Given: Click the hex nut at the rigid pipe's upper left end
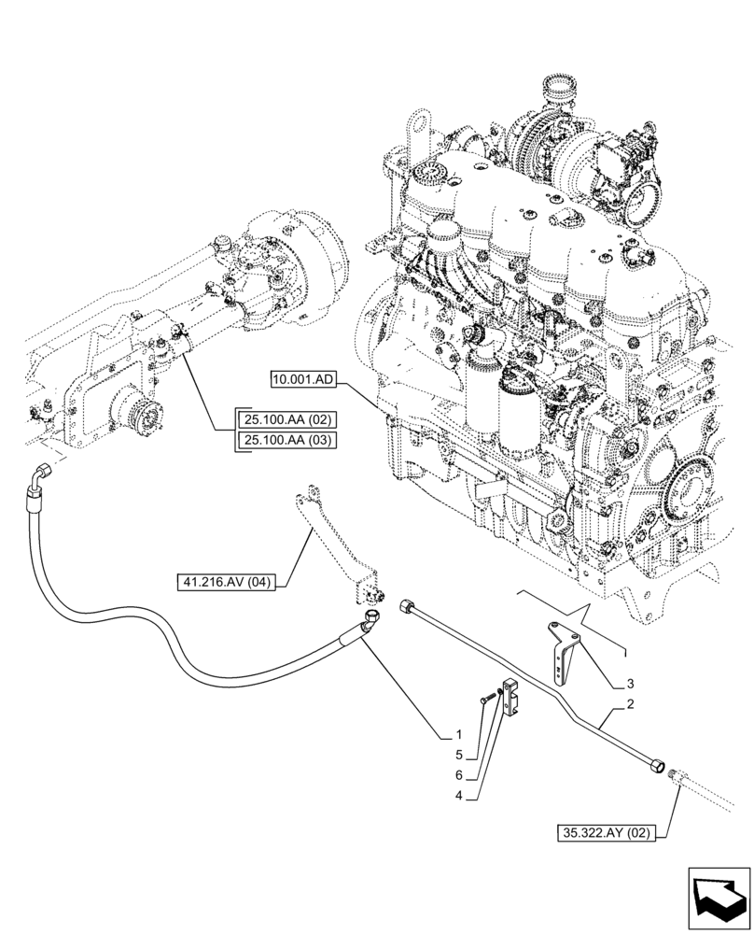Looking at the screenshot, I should [x=408, y=606].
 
